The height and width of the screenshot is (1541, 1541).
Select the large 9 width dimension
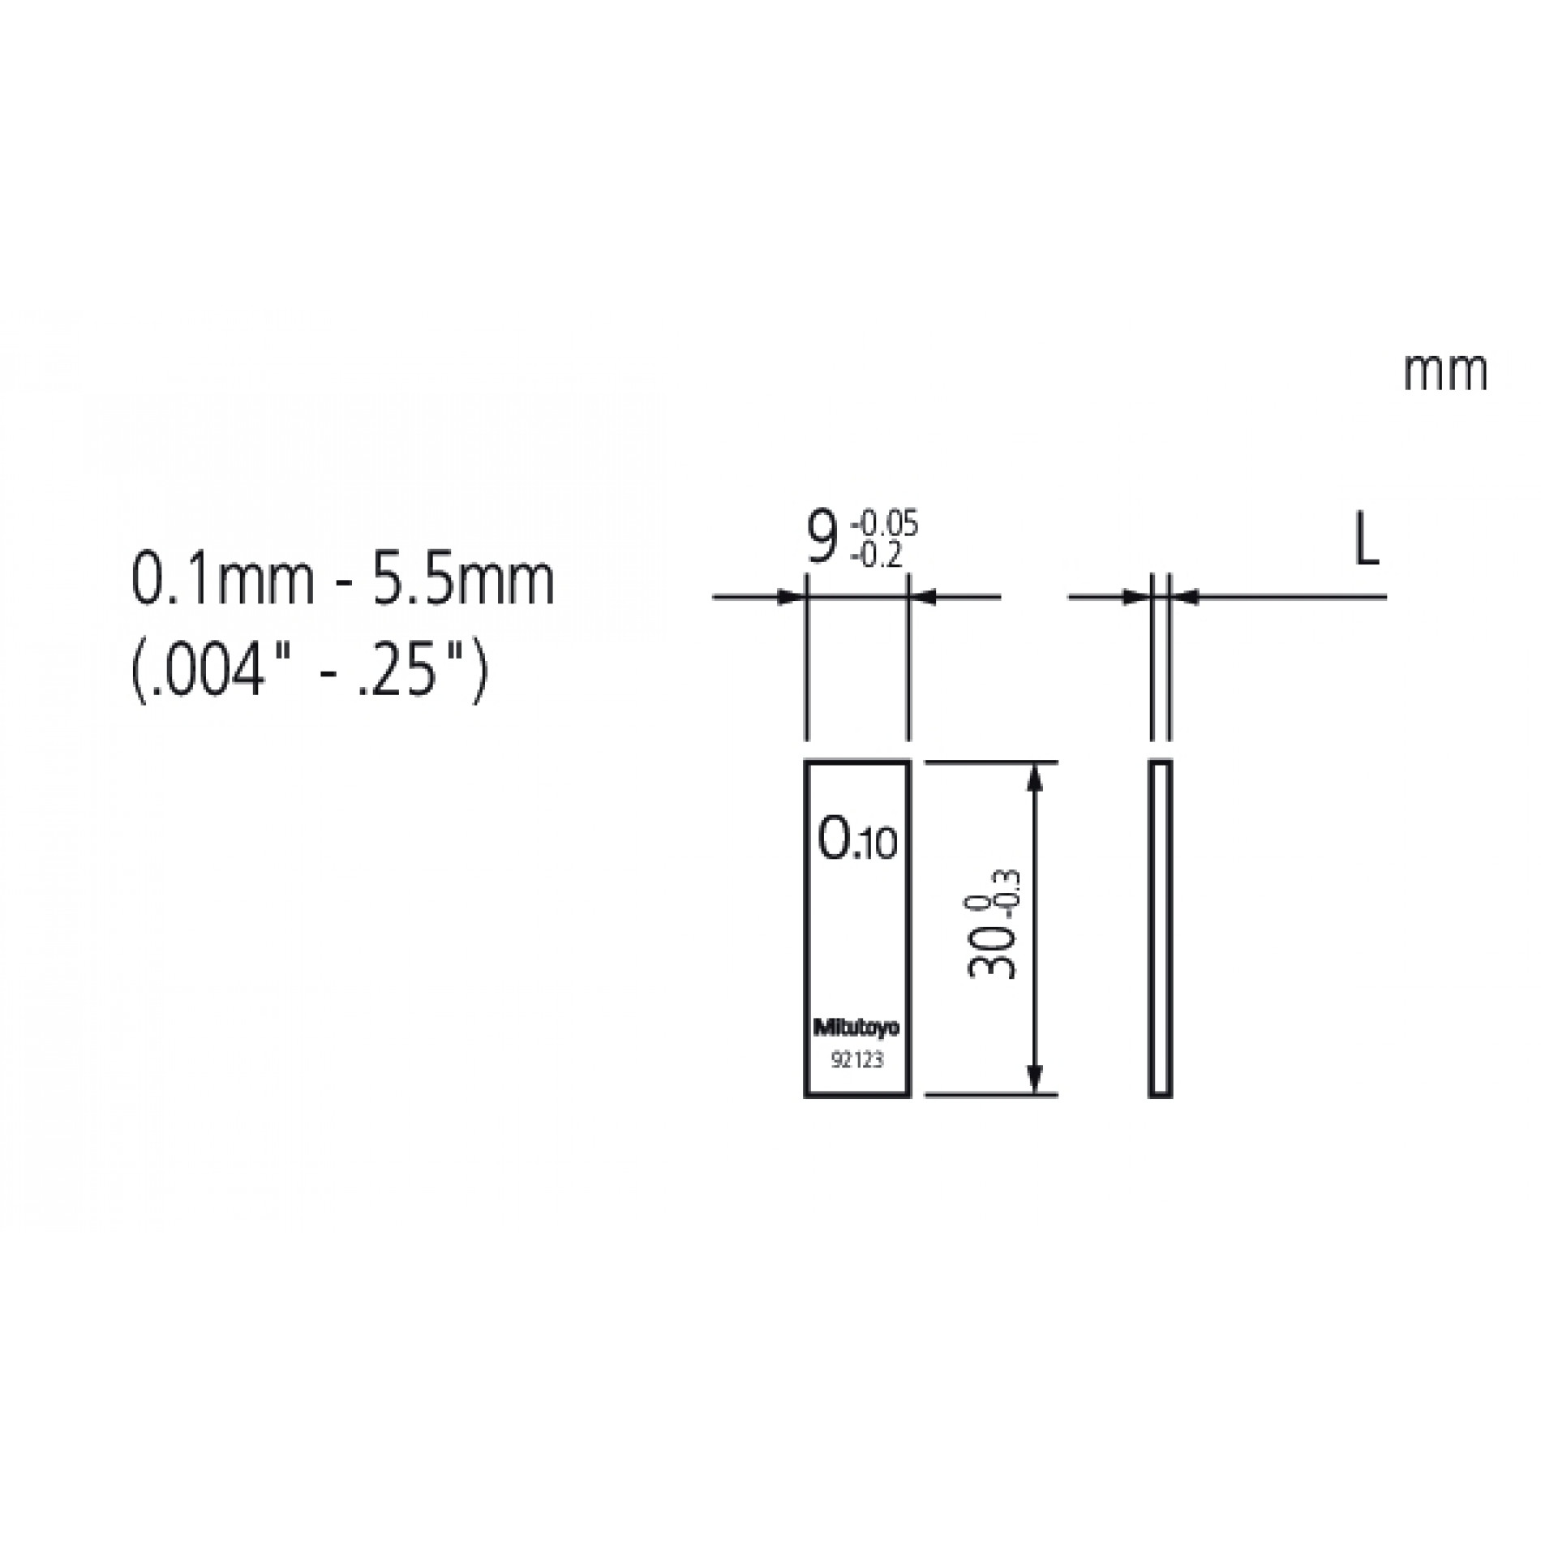[821, 537]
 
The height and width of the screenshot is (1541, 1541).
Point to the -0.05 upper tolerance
[884, 524]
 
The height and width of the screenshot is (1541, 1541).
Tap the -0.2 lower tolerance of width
[875, 556]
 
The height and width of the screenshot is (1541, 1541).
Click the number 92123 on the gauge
[856, 1060]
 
